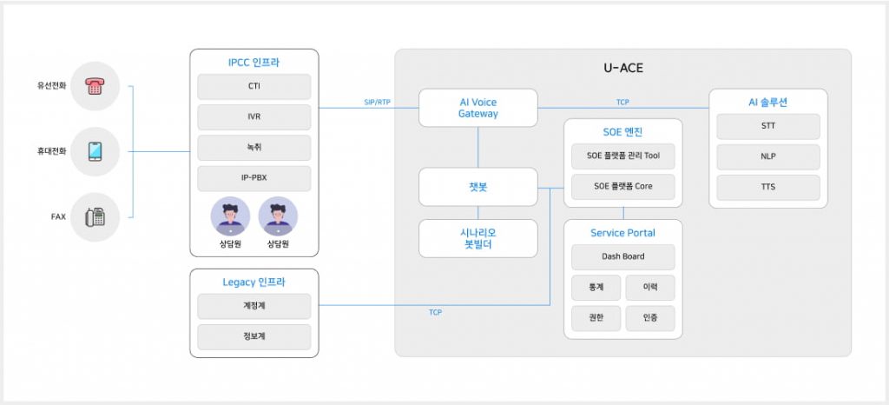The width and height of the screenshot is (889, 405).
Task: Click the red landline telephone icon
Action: click(x=95, y=86)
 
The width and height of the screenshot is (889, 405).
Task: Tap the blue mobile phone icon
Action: click(x=95, y=151)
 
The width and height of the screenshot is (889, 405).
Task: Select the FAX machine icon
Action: click(x=95, y=216)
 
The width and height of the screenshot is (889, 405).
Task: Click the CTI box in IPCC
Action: click(x=254, y=87)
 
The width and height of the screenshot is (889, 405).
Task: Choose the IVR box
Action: click(x=254, y=117)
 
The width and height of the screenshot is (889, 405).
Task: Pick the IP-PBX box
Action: click(x=254, y=178)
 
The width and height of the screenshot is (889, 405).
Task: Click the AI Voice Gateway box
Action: click(x=477, y=108)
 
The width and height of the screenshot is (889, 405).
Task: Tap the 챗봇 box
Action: click(x=477, y=187)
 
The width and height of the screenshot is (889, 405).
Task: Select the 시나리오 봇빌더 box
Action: click(x=477, y=238)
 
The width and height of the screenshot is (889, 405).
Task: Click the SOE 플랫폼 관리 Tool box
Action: click(x=622, y=157)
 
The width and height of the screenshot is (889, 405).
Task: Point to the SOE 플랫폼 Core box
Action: click(x=622, y=186)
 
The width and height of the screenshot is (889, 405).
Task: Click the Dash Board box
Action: click(x=622, y=257)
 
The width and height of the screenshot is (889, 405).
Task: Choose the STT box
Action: click(x=767, y=126)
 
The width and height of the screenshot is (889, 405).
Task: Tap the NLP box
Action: click(x=767, y=156)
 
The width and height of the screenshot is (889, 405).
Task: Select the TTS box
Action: click(x=767, y=187)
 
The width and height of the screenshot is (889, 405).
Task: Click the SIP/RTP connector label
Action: click(x=377, y=103)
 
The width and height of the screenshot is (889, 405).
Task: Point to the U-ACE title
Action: click(x=622, y=68)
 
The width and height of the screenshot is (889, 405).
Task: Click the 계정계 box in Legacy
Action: click(x=254, y=306)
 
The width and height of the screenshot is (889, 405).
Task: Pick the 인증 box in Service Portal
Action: click(x=649, y=318)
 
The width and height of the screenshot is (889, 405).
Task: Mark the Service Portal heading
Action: click(x=622, y=233)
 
